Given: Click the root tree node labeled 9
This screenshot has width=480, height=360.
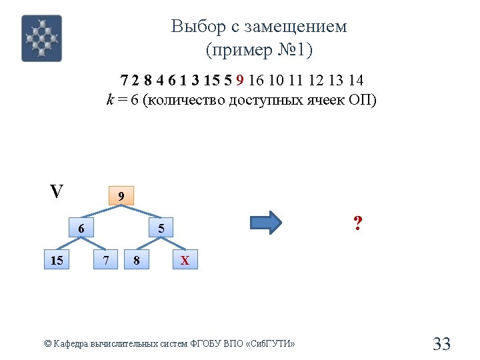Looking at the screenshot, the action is tap(121, 196).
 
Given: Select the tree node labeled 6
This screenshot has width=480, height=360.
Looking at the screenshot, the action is tap(81, 228).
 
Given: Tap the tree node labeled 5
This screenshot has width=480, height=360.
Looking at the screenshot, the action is tap(161, 229).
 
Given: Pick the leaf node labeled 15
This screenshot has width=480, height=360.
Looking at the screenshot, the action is tap(57, 260).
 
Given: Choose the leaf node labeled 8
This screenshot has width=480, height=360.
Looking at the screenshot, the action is tap(137, 260).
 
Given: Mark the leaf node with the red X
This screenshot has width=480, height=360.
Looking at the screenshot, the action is tap(185, 260).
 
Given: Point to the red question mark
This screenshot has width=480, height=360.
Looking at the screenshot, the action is tap(358, 223).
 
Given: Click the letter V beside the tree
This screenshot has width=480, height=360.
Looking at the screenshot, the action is tap(57, 192).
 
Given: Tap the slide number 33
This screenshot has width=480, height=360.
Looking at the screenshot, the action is tap(441, 344).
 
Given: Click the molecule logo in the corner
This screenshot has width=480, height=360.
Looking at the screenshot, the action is tap(41, 38).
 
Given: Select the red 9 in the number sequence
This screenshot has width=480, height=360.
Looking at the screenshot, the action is tap(240, 81).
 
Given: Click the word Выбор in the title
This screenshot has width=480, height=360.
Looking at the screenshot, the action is tap(194, 27).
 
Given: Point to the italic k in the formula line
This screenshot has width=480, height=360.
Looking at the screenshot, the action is tap(110, 100).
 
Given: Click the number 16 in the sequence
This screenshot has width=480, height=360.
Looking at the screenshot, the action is tap(257, 81).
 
